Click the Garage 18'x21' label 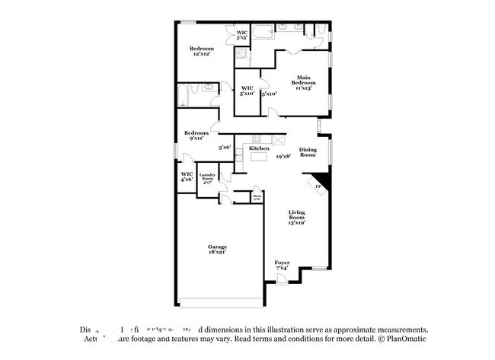click(217, 248)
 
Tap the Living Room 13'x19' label click(298, 217)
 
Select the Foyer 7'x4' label click(282, 266)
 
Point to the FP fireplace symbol click(318, 184)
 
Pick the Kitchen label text click(259, 148)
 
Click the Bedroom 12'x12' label click(202, 52)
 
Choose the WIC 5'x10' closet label click(247, 91)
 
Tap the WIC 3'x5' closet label click(241, 35)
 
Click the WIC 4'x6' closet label click(187, 177)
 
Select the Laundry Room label click(209, 179)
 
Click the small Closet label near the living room click(257, 197)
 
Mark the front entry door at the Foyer click(282, 280)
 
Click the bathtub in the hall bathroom click(186, 94)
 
